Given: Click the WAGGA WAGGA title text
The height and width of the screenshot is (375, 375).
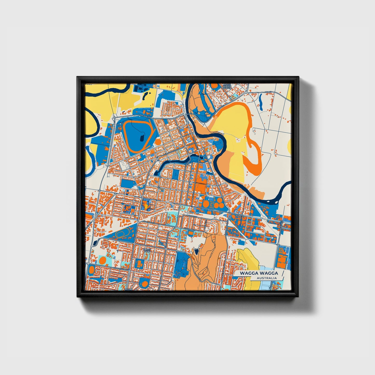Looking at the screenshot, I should click(x=259, y=273).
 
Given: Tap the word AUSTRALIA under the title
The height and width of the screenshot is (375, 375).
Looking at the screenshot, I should click(x=267, y=278).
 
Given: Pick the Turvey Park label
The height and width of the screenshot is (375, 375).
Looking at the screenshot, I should click(x=147, y=251).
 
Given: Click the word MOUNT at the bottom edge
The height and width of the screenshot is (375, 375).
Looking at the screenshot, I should click(x=128, y=289).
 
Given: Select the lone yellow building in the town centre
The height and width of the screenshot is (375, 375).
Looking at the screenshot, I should click(x=146, y=206).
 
